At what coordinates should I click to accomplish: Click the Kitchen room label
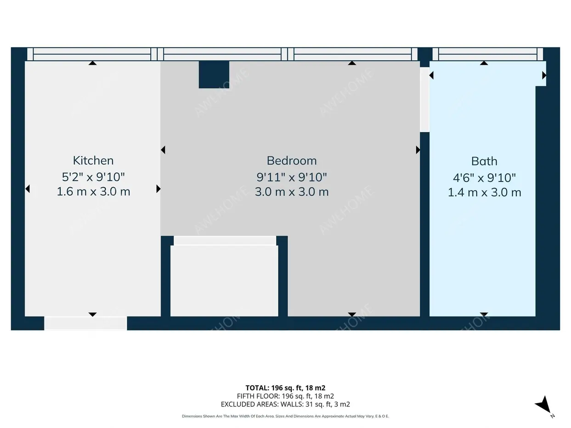pos(93,160)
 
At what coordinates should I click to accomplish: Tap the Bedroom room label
pos(292,161)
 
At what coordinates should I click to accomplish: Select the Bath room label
pos(484,161)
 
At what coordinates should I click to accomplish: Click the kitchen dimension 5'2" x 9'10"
pos(93,177)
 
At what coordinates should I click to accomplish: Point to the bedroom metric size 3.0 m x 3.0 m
pos(292,192)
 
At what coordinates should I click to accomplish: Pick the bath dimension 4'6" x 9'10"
pos(484,178)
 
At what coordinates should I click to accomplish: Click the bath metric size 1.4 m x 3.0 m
pos(484,193)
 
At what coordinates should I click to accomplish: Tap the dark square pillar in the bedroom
pos(214,74)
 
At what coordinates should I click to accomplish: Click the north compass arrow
pos(543,405)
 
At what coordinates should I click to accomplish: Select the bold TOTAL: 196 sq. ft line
pos(285,388)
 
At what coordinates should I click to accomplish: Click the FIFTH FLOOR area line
pos(285,396)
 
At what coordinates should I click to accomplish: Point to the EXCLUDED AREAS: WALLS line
pos(285,404)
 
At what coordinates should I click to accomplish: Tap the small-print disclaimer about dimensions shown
pos(285,417)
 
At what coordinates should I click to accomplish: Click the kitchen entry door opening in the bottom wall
pos(85,323)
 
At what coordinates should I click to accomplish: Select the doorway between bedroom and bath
pos(424,100)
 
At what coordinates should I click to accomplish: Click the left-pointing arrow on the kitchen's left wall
pos(28,189)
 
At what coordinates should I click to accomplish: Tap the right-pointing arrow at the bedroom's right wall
pos(418,150)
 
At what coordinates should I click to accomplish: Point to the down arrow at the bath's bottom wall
pos(484,315)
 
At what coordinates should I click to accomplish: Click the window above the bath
pos(488,54)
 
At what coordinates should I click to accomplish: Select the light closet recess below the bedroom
pos(224,281)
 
